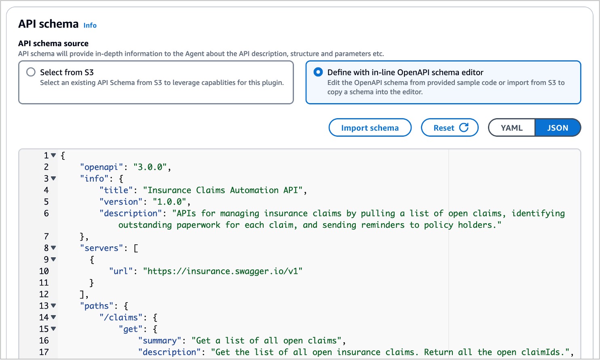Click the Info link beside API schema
point(90,25)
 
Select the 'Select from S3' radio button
point(31,72)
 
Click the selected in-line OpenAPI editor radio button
point(318,72)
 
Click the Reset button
point(450,127)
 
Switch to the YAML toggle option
point(511,127)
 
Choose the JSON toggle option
point(558,127)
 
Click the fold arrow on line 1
point(53,155)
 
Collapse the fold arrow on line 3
point(53,178)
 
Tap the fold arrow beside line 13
point(53,305)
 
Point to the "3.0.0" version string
point(150,167)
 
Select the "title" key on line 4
point(116,190)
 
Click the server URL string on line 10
point(223,271)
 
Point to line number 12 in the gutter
point(44,294)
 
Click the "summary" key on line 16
point(160,341)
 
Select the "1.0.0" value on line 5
point(169,201)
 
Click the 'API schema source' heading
point(53,43)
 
